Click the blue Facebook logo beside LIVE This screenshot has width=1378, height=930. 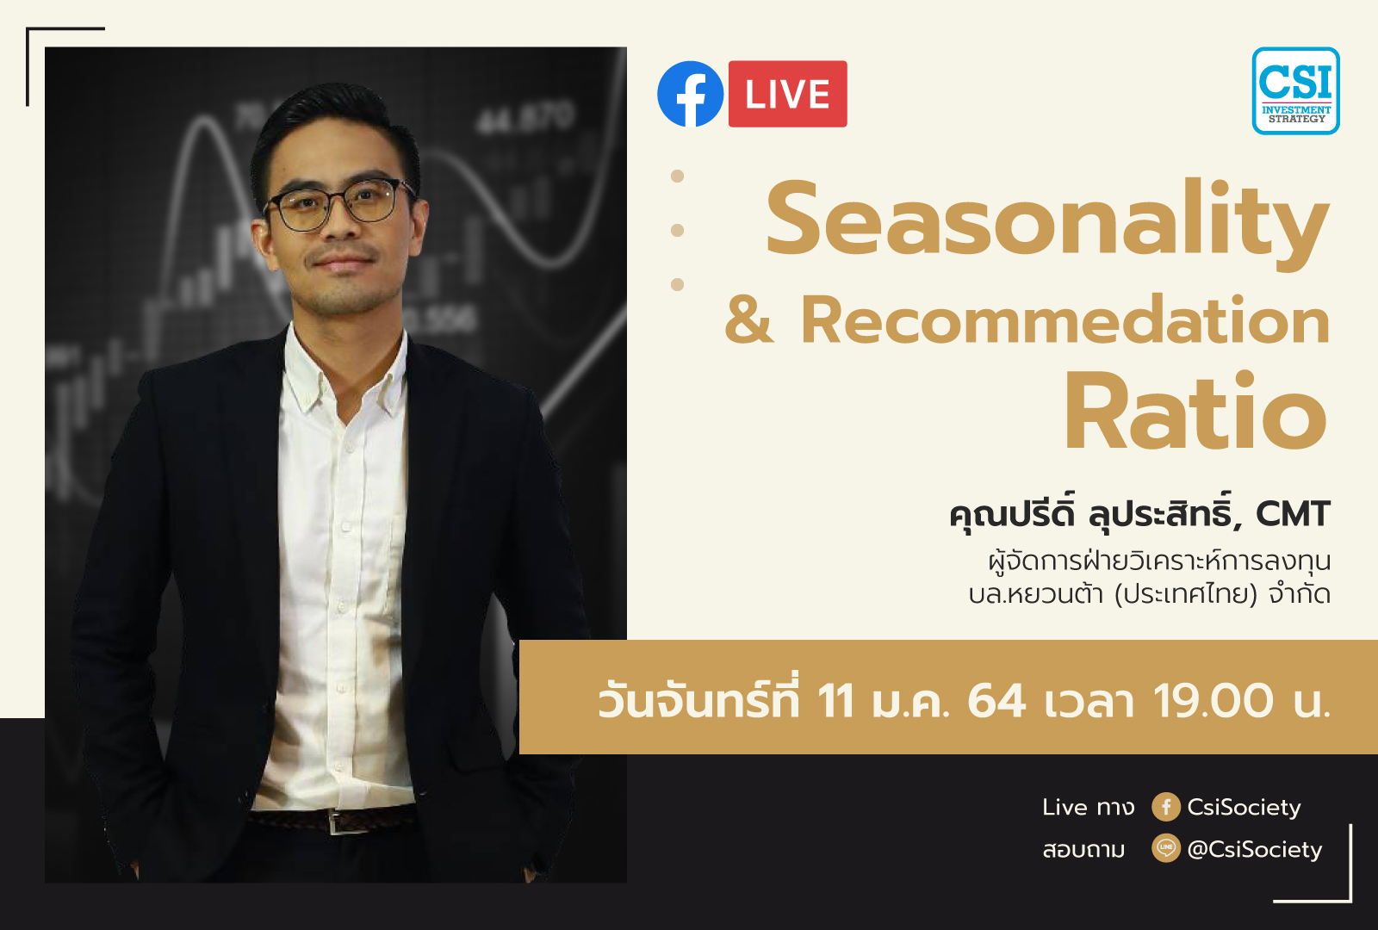click(690, 94)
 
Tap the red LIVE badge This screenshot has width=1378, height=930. click(787, 94)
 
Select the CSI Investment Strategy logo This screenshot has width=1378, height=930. click(1295, 90)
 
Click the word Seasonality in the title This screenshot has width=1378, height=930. click(1046, 220)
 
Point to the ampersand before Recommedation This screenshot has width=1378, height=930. click(748, 320)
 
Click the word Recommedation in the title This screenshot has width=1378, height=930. click(1065, 320)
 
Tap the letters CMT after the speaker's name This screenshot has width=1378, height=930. click(1293, 514)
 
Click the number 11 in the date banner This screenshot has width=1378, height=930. click(835, 700)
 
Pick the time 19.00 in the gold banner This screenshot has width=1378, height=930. click(1213, 700)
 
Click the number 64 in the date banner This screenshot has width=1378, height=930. click(996, 700)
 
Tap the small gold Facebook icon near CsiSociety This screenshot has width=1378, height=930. click(1165, 807)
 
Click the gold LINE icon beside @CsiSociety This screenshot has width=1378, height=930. click(1165, 848)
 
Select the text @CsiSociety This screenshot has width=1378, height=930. click(1254, 849)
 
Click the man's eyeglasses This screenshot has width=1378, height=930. click(340, 205)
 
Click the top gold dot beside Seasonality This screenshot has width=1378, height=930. click(678, 177)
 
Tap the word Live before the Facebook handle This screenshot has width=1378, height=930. click(1065, 807)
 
